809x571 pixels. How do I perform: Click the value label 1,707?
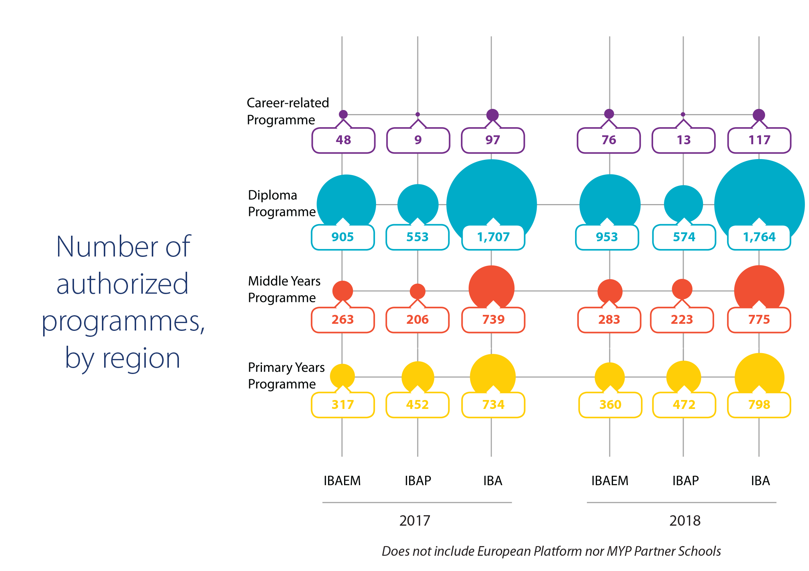point(493,237)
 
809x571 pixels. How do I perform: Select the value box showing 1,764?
point(759,237)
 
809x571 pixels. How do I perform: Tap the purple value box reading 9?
point(418,140)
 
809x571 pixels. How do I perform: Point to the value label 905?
point(343,237)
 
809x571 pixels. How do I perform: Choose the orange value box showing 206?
point(418,320)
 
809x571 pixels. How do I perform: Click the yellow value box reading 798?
point(759,404)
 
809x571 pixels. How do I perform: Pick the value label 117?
point(759,140)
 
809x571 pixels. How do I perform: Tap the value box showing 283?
point(609,320)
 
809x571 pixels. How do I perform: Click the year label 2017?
point(415,520)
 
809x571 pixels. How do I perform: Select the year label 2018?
point(685,520)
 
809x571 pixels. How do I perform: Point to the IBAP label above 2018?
point(686,481)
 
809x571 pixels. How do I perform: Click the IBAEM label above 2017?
point(342,481)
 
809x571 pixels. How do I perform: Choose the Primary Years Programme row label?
point(286,375)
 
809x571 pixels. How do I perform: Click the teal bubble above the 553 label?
point(418,204)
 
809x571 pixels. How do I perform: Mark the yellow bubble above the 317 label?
point(343,376)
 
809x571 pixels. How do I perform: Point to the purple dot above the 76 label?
point(609,114)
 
